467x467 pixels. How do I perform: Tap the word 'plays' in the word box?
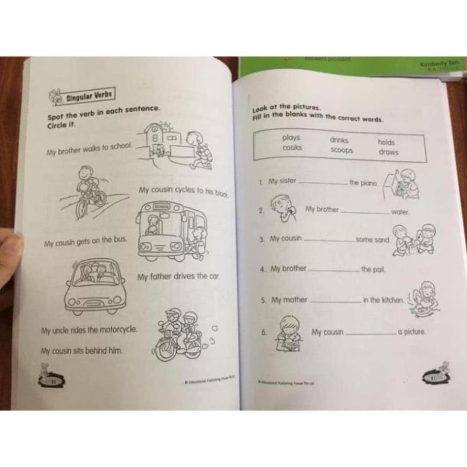tap(291, 138)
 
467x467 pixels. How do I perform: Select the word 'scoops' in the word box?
tap(341, 150)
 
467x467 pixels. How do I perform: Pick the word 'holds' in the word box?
tap(386, 142)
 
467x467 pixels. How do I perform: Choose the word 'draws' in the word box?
tap(388, 152)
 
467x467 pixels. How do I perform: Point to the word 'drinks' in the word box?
tap(339, 140)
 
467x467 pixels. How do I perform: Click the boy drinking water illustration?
tap(282, 208)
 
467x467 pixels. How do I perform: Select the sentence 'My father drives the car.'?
tap(178, 277)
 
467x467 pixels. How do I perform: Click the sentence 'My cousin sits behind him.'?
tap(82, 351)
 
